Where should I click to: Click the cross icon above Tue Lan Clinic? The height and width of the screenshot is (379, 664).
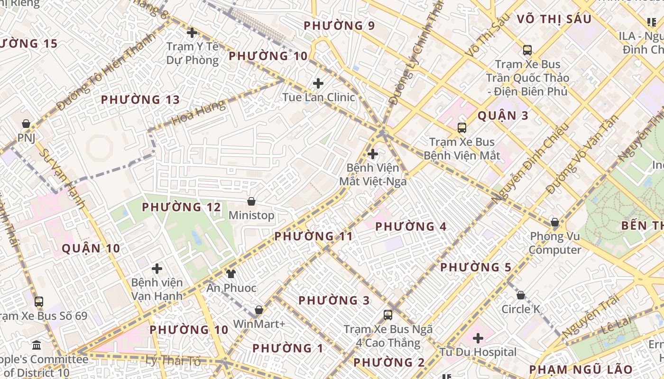pos(318,84)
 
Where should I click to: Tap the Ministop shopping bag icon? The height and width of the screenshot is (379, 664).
pos(251,202)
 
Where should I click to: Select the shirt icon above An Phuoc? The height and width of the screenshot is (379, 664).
pos(231,274)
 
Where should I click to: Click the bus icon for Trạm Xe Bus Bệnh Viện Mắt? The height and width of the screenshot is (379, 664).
pos(461,127)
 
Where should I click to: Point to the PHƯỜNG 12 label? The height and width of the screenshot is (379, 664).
pos(182,208)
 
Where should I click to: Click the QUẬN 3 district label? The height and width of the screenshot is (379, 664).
pos(503,116)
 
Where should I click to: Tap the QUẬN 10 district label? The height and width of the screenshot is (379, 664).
pos(91,248)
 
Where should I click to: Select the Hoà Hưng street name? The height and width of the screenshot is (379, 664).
pos(198,113)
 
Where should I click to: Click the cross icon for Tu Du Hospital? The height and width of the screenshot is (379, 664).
pos(478,338)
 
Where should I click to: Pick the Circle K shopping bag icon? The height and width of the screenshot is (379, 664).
pos(521,296)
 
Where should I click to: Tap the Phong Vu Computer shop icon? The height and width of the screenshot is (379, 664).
pos(554,223)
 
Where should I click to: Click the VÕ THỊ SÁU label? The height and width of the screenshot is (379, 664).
pos(554,19)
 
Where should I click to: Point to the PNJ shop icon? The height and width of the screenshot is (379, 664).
pos(26,124)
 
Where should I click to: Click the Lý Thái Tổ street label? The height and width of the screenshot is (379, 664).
pos(174,361)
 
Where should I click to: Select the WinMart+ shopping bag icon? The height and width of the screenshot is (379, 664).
pos(259,310)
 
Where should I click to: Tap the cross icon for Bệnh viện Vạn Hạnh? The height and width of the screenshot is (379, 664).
pos(157,269)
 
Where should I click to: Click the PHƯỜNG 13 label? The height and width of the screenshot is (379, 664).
pos(140,100)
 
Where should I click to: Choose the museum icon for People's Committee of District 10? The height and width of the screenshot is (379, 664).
pos(37,345)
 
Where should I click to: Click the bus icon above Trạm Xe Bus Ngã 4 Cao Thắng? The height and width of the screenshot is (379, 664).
pos(388,315)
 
